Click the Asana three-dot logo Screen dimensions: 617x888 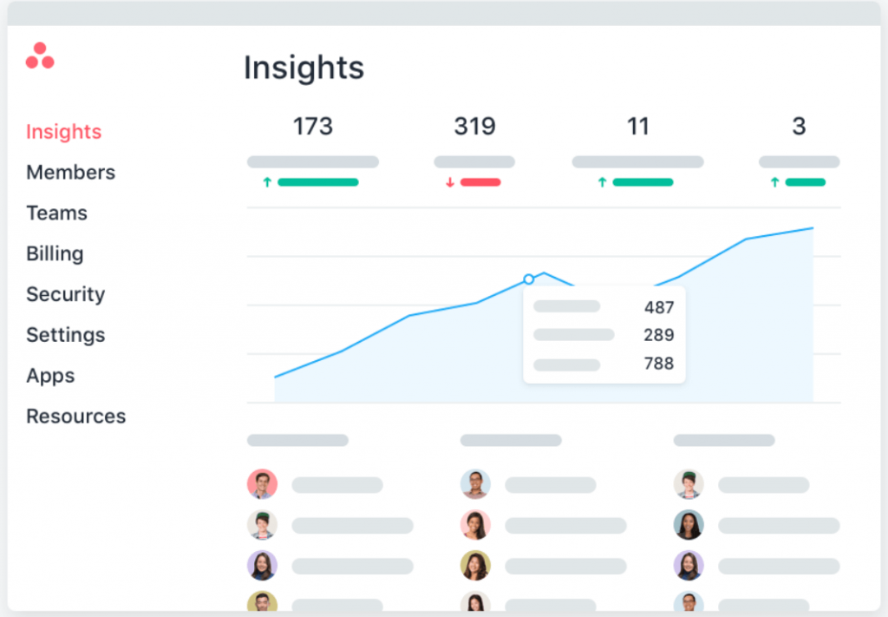[40, 56]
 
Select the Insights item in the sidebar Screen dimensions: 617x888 [63, 132]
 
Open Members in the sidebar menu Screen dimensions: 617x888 [70, 173]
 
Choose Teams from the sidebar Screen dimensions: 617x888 [56, 213]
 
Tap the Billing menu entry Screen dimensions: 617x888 [55, 254]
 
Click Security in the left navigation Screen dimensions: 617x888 [65, 295]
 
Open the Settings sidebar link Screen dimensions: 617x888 [65, 335]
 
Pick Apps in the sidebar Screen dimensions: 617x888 [50, 376]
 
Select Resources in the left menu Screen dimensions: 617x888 [75, 417]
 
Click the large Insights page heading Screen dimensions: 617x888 [304, 68]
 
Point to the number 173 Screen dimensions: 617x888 [312, 127]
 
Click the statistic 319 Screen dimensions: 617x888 [474, 127]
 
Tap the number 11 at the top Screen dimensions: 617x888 [637, 127]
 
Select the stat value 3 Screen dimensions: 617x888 [799, 127]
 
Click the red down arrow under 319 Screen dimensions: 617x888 [450, 182]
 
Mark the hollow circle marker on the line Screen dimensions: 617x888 [529, 279]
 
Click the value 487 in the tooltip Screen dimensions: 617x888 [659, 307]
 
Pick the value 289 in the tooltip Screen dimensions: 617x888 [659, 335]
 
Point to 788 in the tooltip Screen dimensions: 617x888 [659, 364]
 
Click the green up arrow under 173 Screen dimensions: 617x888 [267, 182]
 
